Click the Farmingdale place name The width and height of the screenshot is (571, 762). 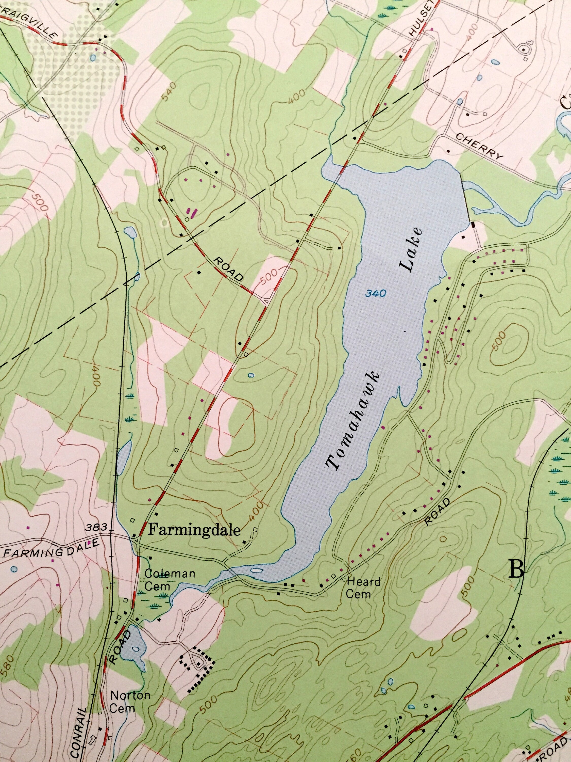(x=194, y=530)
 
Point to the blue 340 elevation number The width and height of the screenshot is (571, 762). (x=376, y=294)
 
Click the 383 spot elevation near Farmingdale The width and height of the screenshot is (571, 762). (x=93, y=527)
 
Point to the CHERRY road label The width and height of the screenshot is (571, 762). (x=479, y=146)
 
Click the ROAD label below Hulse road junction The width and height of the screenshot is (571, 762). (x=228, y=270)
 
